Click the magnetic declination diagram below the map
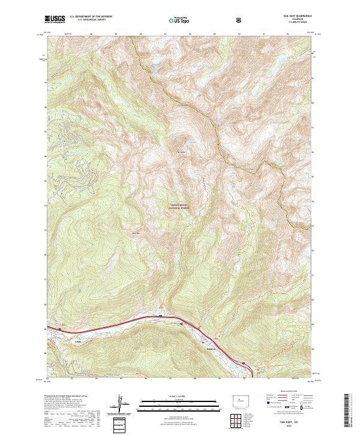(122, 403)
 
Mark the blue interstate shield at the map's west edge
(61, 328)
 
